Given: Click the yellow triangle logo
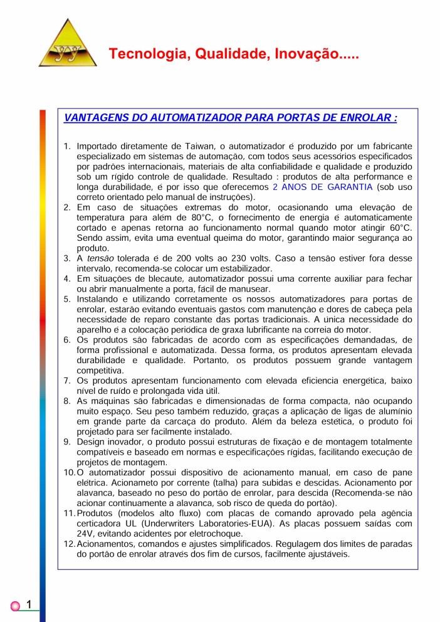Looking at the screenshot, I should [x=68, y=45].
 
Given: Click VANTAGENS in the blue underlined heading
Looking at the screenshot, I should [x=93, y=117].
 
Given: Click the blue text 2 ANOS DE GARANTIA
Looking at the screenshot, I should [x=322, y=187].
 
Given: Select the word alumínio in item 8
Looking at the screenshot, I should [x=392, y=411].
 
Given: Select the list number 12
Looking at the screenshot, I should [x=70, y=544].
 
